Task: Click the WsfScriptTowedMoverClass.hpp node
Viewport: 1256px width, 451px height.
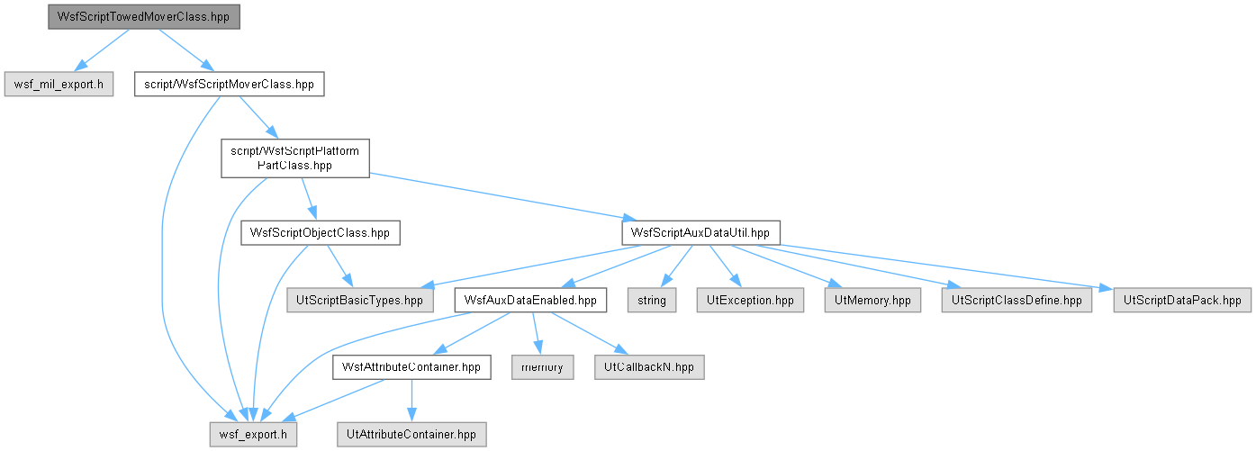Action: point(144,17)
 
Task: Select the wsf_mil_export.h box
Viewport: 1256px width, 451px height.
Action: point(59,84)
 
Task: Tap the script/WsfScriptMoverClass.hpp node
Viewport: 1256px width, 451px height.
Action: point(230,84)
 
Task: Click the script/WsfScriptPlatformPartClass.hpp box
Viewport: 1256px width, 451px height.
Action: point(295,158)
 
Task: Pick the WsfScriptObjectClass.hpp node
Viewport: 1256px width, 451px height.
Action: point(321,233)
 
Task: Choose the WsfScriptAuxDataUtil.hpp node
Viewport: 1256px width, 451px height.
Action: point(700,233)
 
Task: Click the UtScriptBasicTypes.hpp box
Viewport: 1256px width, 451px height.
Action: point(360,300)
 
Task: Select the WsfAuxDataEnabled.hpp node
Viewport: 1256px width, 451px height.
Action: point(530,300)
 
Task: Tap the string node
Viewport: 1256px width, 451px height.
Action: point(652,300)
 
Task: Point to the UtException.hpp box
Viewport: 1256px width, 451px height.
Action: point(750,300)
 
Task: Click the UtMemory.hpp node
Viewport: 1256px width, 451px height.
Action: point(873,300)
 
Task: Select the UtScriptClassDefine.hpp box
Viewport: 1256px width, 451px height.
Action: point(1017,300)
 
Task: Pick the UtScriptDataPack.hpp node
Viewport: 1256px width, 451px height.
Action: point(1182,300)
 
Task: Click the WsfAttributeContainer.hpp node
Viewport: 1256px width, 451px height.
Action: point(411,367)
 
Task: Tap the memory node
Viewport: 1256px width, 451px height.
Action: point(543,367)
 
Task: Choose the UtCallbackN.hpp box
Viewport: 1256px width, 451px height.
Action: point(649,367)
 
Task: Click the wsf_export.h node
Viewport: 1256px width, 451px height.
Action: point(253,435)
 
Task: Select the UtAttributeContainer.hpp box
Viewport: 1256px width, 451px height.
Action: point(411,435)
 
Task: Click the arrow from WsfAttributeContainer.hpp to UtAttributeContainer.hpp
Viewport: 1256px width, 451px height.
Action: point(411,401)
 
